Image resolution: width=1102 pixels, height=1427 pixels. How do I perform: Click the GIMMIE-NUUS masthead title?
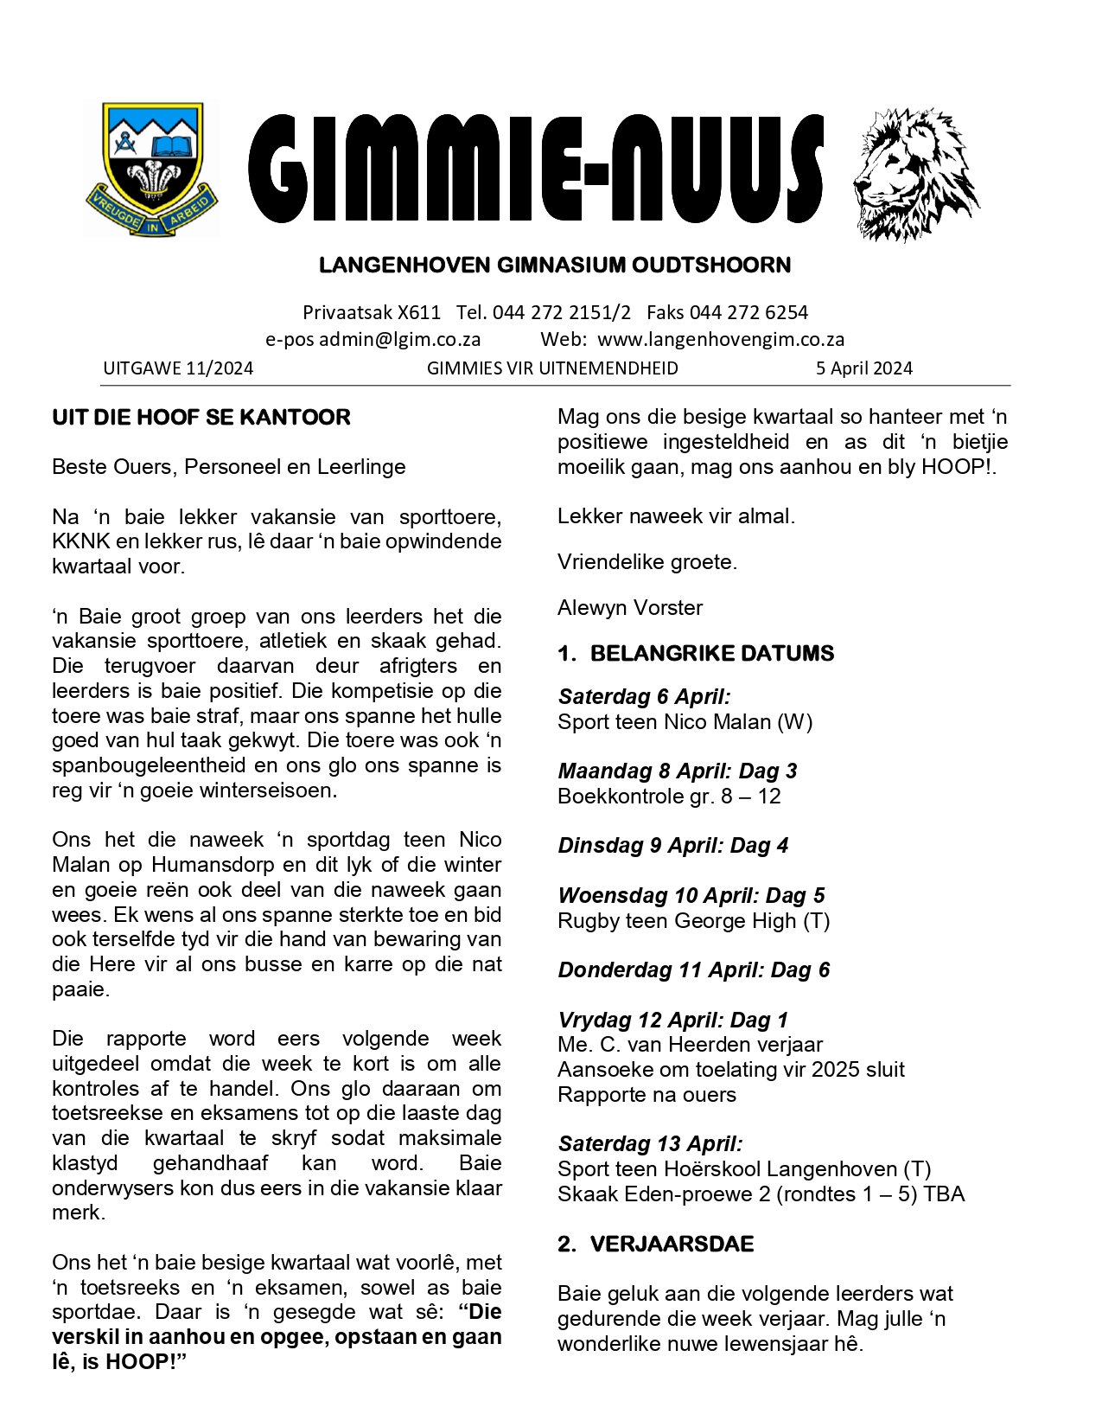point(536,170)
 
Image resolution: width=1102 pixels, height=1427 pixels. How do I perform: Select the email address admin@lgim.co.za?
point(399,339)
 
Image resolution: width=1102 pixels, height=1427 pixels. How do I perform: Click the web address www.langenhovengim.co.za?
point(721,339)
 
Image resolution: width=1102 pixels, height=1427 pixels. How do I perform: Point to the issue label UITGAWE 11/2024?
point(178,368)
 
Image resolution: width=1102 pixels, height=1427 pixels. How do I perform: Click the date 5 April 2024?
point(863,368)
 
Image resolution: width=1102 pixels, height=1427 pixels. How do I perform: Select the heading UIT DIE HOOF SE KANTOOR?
point(201,418)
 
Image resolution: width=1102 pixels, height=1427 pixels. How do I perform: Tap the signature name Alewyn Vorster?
point(630,608)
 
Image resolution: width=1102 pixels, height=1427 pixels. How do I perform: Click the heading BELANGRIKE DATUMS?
point(711,654)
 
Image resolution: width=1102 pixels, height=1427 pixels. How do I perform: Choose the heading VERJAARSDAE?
point(672,1245)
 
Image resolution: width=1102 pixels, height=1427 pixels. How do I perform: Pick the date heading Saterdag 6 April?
point(644,697)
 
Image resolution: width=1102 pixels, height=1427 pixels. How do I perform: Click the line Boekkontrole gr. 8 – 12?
point(669,797)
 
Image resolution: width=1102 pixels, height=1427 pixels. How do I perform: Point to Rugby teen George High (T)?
point(693,921)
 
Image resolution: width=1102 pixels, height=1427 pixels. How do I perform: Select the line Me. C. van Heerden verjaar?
point(690,1045)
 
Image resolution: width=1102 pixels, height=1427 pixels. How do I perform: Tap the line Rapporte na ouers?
point(647,1095)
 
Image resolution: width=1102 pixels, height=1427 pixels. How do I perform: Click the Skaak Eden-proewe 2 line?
point(761,1194)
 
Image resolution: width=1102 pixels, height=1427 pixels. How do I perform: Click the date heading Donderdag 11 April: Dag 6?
point(693,970)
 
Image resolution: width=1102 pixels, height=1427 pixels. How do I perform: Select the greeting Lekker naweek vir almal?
point(676,517)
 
